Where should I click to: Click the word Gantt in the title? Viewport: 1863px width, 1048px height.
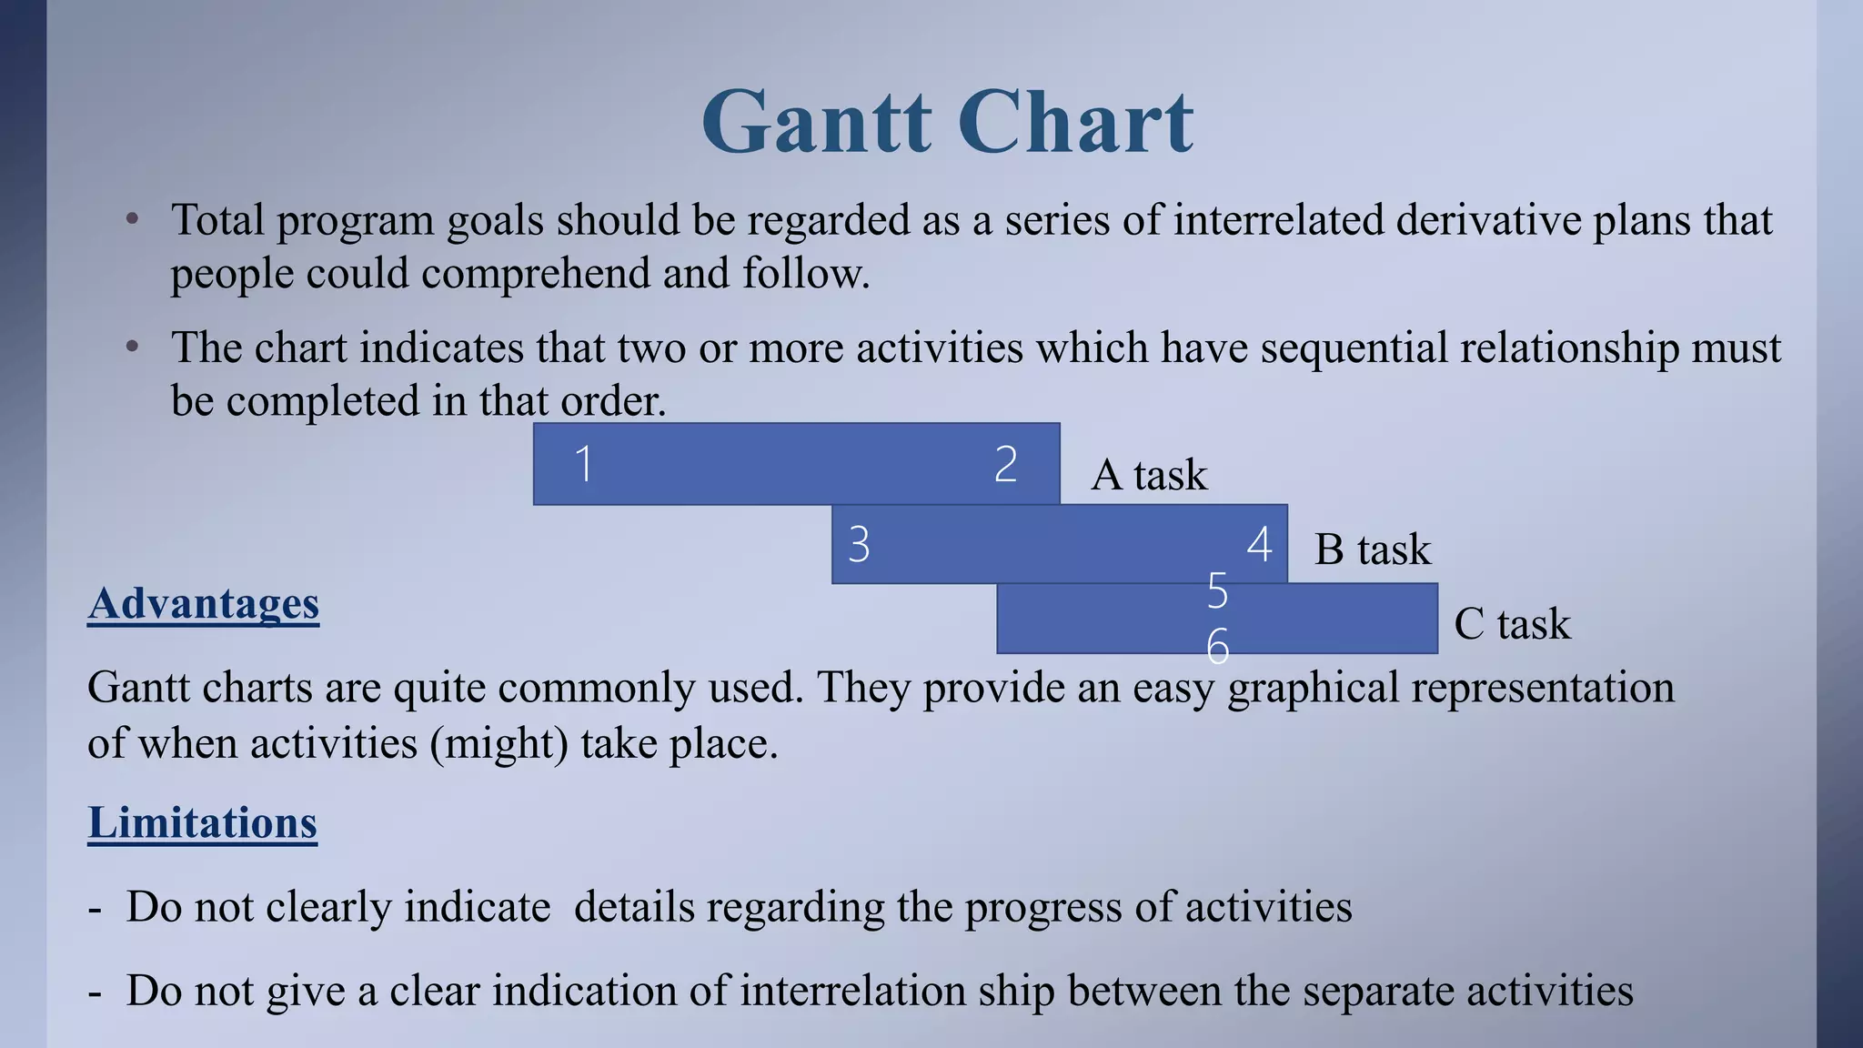tap(816, 123)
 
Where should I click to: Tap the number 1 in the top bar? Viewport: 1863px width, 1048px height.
tap(584, 464)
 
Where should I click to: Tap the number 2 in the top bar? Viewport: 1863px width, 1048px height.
tap(1005, 464)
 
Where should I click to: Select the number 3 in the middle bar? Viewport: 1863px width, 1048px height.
tap(859, 544)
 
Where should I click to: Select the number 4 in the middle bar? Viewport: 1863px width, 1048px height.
tap(1259, 544)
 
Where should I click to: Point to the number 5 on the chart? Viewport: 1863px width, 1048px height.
tap(1217, 591)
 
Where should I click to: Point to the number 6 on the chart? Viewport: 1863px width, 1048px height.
tap(1217, 647)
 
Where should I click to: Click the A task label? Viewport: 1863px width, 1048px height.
tap(1148, 475)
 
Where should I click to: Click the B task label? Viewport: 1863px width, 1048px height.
tap(1372, 549)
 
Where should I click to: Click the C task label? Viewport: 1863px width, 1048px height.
tap(1512, 624)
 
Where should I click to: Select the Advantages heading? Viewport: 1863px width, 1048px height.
tap(203, 604)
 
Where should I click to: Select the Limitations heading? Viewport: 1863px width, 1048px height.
tap(202, 823)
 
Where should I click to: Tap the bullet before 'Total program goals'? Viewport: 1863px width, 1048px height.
tap(133, 218)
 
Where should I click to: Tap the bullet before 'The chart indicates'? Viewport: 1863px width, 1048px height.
tap(133, 346)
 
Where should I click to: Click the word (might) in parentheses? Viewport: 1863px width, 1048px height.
tap(498, 744)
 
